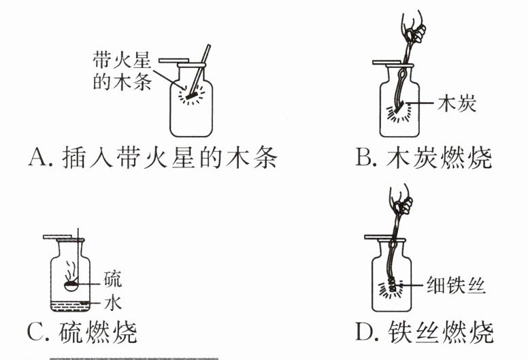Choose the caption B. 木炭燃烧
tap(424, 159)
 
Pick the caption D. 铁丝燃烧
tap(424, 333)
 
